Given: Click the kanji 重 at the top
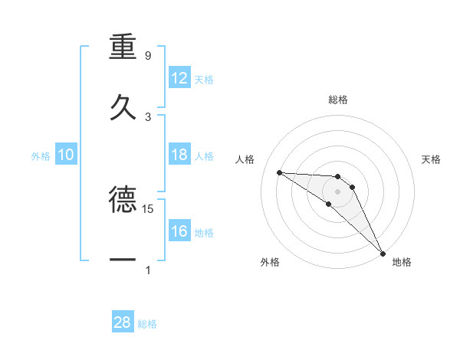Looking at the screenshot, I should tap(123, 47).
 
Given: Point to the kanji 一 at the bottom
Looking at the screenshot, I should tap(123, 260).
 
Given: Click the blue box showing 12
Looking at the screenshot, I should tap(179, 78).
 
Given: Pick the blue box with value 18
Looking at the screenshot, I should tap(179, 155).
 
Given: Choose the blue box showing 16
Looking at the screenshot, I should tap(179, 231).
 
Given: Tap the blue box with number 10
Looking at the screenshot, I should tap(66, 155).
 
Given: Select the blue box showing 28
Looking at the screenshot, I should tap(123, 322).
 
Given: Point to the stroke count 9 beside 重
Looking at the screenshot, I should tap(148, 56).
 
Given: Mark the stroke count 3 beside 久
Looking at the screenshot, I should tap(148, 116).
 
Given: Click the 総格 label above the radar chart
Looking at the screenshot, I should tap(338, 100).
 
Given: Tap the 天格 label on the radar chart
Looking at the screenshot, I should tap(432, 159).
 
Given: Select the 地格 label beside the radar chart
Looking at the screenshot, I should tap(402, 263).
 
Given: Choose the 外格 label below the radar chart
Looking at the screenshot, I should tap(270, 263).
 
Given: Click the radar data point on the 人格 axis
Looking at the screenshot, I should tap(279, 172).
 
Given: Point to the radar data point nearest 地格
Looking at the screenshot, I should tap(383, 253).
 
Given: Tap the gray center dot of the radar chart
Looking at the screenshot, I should tap(337, 191).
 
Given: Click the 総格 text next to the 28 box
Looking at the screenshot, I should tap(148, 324).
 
